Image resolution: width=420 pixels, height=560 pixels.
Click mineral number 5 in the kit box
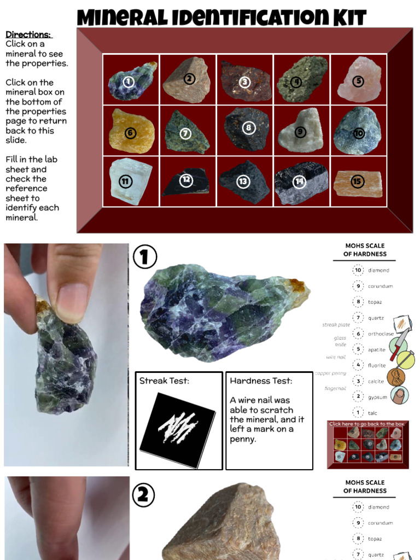pyautogui.click(x=359, y=79)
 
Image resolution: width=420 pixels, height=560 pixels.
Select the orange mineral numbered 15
pyautogui.click(x=358, y=183)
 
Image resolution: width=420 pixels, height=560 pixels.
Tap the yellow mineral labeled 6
pyautogui.click(x=131, y=132)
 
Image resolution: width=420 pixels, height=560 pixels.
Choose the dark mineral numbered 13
pyautogui.click(x=244, y=181)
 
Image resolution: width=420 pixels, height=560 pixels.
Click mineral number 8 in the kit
pyautogui.click(x=247, y=129)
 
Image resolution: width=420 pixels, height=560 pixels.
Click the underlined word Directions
pyautogui.click(x=28, y=34)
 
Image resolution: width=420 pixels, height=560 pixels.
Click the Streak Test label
pyautogui.click(x=164, y=381)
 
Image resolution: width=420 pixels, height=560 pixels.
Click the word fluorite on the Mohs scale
pyautogui.click(x=377, y=365)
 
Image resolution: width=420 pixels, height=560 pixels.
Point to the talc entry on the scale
pyautogui.click(x=372, y=413)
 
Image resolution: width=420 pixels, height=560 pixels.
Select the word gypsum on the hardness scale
pyautogui.click(x=377, y=397)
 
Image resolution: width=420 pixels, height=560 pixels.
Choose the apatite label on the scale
pyautogui.click(x=377, y=349)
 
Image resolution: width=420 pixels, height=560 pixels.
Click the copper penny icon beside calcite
pyautogui.click(x=396, y=377)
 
